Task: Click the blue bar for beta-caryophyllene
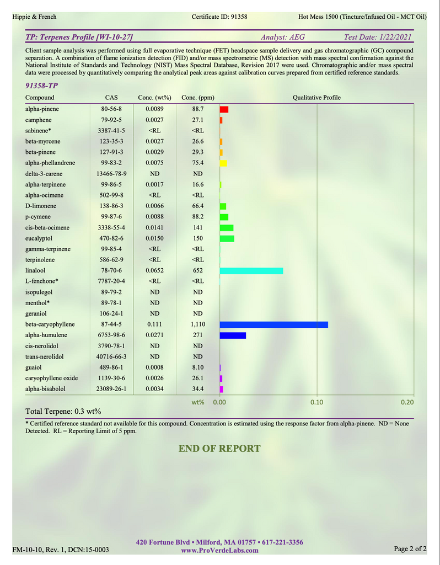coord(273,324)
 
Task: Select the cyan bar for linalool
coord(251,270)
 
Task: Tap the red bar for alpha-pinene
coord(224,109)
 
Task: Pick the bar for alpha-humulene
coord(233,335)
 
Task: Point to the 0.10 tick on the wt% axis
coord(316,402)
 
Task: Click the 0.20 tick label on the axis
coord(407,402)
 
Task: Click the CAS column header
coord(111,98)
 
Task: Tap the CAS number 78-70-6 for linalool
coord(111,270)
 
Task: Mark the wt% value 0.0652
coord(154,270)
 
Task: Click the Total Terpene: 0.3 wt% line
coord(63,412)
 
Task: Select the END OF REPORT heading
coord(219,448)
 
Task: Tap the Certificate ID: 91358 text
coord(219,17)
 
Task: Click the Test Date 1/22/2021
coord(377,38)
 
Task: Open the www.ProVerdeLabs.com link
coord(219,550)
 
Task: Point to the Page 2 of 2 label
coord(410,548)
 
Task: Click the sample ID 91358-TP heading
coord(42,86)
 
